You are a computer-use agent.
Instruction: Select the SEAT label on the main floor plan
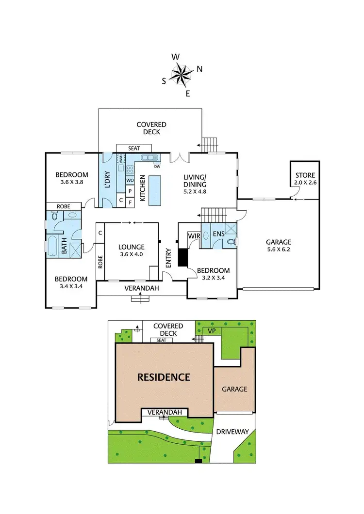(x=134, y=148)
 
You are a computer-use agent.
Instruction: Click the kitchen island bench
(x=155, y=190)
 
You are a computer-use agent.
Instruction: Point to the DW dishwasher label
(x=157, y=163)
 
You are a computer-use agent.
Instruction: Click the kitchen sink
(x=147, y=157)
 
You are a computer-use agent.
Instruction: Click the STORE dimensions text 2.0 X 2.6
(x=305, y=183)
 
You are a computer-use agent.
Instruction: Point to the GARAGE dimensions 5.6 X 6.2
(x=278, y=250)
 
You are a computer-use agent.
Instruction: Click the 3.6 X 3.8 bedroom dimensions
(x=71, y=183)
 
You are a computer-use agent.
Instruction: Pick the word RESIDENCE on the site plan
(x=164, y=377)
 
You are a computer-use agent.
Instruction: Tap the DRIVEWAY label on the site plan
(x=232, y=432)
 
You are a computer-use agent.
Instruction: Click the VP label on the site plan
(x=211, y=330)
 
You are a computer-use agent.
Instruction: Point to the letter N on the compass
(x=199, y=68)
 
